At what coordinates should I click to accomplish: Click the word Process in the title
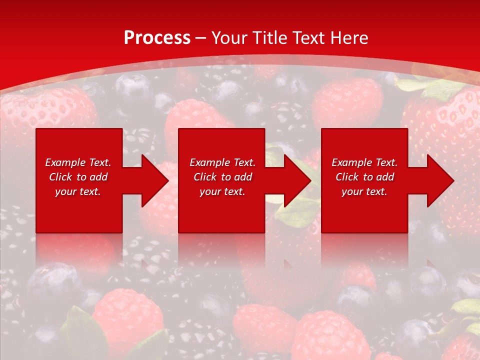coord(157,38)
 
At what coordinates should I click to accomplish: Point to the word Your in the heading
coord(230,38)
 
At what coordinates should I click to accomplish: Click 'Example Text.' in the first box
coord(78,162)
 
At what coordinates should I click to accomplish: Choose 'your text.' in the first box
coord(78,191)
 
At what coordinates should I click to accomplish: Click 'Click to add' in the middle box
coord(222,177)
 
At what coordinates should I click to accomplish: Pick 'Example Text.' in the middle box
coord(222,162)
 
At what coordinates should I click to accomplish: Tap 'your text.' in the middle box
coord(222,191)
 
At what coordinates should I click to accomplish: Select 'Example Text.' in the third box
coord(364,162)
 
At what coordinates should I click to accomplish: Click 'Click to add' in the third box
coord(364,177)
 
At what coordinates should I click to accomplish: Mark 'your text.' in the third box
coord(364,191)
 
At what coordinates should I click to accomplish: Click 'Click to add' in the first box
coord(78,177)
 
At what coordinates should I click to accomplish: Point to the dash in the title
coord(200,38)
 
